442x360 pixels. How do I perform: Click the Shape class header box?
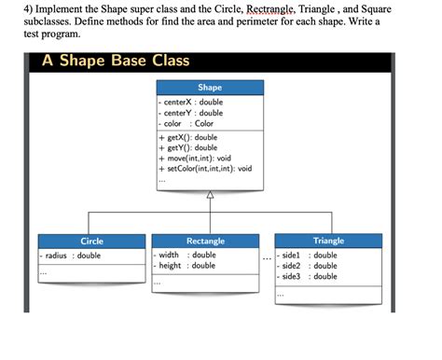pos(210,88)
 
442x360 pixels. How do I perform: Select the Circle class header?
pos(91,241)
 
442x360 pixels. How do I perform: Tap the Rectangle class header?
pos(205,241)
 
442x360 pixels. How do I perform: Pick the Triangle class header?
pos(328,241)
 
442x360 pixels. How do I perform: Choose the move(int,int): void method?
pos(196,159)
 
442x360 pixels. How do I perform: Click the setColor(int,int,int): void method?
pos(207,169)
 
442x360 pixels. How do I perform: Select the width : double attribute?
pos(186,255)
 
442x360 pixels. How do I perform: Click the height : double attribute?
pos(186,266)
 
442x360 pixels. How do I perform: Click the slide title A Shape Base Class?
pos(116,61)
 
